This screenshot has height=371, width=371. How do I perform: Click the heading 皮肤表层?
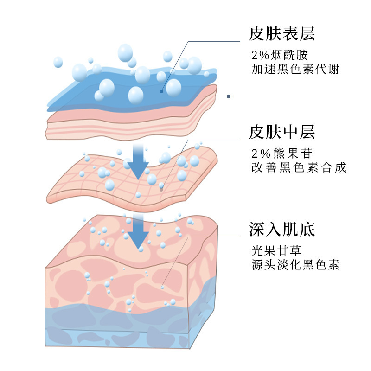pos(282,33)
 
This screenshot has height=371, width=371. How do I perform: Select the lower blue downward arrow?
pos(138,232)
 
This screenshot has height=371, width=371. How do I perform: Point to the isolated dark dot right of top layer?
pos(228,96)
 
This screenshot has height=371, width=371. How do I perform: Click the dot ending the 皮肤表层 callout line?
pos(161,91)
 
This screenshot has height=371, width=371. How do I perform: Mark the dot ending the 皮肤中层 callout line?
pos(161,189)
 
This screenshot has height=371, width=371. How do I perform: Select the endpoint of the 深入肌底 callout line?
pos(162,288)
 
